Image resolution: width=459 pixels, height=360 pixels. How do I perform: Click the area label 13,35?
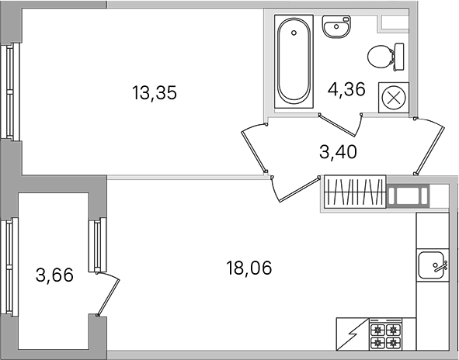155,92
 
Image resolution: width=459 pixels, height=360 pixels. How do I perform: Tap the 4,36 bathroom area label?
346,89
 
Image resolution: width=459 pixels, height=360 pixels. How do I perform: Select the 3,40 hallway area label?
338,152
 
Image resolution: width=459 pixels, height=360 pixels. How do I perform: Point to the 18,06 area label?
249,268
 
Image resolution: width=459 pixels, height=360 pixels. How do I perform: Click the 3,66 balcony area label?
54,275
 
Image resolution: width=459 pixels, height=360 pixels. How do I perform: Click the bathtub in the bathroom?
294,61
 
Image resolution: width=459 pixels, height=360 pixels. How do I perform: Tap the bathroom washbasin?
336,27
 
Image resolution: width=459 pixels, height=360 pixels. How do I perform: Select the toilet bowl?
385,57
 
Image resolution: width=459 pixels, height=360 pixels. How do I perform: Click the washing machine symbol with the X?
394,98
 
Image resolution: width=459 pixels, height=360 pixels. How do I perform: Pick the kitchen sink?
433,265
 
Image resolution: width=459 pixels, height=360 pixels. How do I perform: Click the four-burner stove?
385,334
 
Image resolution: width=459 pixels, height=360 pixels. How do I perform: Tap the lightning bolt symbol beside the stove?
353,334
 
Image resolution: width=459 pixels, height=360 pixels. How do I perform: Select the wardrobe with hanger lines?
355,192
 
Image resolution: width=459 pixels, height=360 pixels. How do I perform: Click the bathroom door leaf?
337,126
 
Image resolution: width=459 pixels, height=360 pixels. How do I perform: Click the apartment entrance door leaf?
429,146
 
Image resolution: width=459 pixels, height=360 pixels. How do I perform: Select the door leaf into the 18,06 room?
299,189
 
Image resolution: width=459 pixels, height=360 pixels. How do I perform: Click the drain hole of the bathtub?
294,33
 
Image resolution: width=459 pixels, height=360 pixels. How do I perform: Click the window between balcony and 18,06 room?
97,245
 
